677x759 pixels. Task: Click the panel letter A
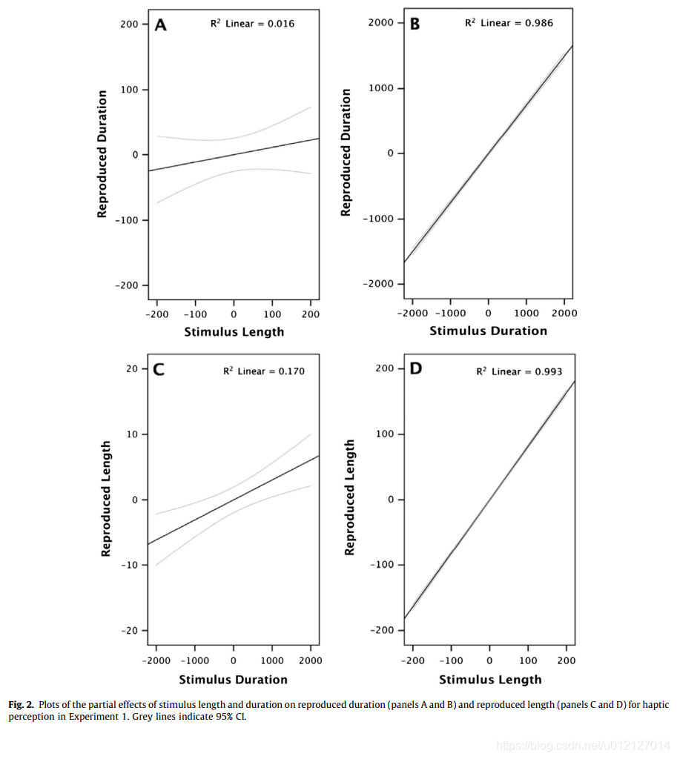click(x=160, y=25)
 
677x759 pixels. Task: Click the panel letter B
click(x=415, y=24)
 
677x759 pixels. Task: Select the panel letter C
click(x=159, y=370)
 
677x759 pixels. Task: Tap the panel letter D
click(x=415, y=368)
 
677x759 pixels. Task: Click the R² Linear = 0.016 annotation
click(x=253, y=24)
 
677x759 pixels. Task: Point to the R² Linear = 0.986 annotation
click(x=509, y=23)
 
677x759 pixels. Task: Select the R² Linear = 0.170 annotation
click(x=263, y=371)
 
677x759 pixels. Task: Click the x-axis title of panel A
click(x=234, y=332)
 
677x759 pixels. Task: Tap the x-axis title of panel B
click(x=489, y=331)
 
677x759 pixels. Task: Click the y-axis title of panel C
click(x=106, y=499)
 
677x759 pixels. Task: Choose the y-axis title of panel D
click(x=350, y=497)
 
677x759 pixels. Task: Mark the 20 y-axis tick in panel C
click(x=133, y=368)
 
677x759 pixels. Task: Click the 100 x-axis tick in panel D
click(x=527, y=660)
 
